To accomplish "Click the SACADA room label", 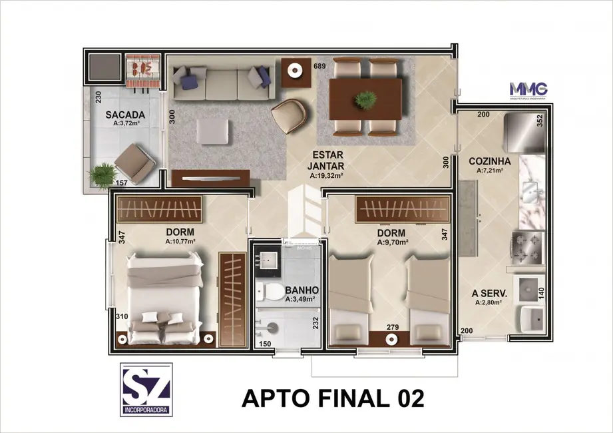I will pos(124,114).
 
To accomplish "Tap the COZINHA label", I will pos(489,161).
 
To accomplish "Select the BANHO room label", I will pos(302,290).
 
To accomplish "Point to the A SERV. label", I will pos(490,292).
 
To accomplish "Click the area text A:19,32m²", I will pos(326,176).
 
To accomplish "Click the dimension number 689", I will pos(319,66).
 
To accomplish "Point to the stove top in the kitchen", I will pos(526,246).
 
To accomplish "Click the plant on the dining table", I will pos(365,100).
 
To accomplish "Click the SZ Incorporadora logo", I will pos(146,389).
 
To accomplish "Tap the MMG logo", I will pos(528,89).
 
